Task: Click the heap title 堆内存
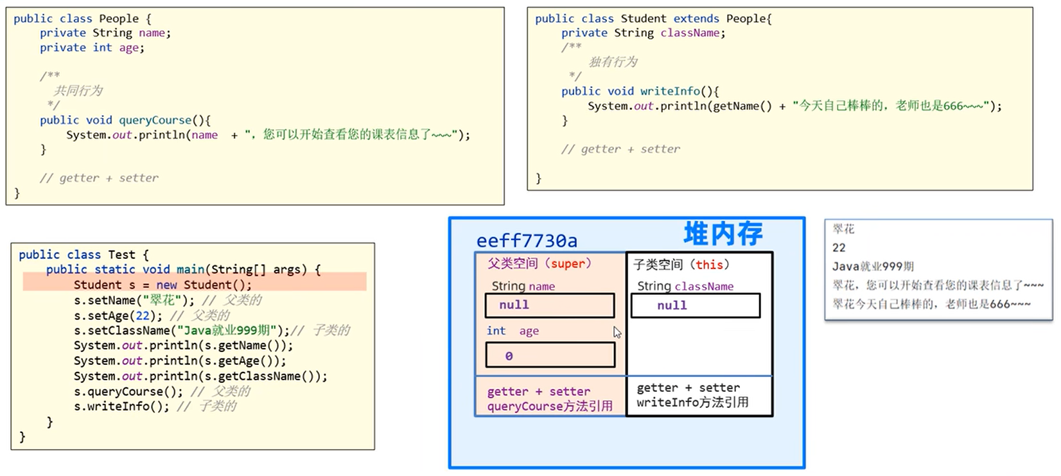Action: pos(723,233)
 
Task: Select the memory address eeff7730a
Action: pos(527,241)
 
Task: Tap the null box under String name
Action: pos(550,305)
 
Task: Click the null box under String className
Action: pos(695,306)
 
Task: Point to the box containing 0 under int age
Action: pos(550,355)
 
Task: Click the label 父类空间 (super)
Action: pos(539,263)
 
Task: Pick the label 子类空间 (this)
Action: pos(681,265)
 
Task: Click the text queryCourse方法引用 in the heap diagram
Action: pos(550,406)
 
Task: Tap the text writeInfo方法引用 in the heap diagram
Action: pos(692,402)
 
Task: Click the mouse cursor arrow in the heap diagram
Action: pos(617,332)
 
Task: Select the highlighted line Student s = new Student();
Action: pos(162,285)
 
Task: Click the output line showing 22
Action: pos(839,248)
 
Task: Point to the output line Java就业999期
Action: pos(873,267)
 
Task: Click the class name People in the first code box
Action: pos(119,19)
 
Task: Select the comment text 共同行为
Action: pos(78,91)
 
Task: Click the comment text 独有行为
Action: pos(613,62)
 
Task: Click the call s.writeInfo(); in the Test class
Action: pos(121,406)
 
